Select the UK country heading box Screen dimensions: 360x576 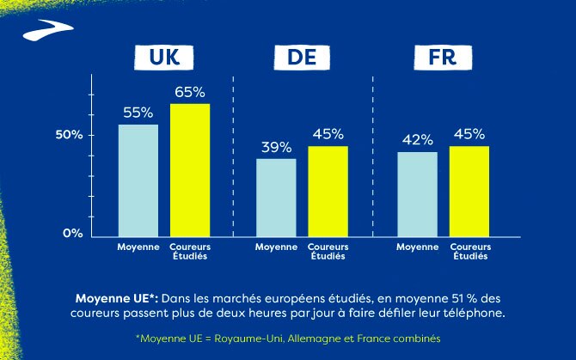pyautogui.click(x=163, y=58)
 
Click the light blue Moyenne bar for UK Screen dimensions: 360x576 pyautogui.click(x=138, y=179)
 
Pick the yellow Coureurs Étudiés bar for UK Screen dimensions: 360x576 pyautogui.click(x=190, y=168)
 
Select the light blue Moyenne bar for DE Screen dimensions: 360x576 pyautogui.click(x=276, y=195)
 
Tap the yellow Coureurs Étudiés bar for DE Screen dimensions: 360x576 pyautogui.click(x=328, y=189)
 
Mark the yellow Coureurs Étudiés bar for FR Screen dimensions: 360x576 pyautogui.click(x=469, y=189)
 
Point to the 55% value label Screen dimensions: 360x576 pyautogui.click(x=138, y=113)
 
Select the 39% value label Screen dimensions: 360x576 pyautogui.click(x=276, y=147)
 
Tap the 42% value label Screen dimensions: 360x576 pyautogui.click(x=417, y=140)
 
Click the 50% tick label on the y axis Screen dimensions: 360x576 pyautogui.click(x=70, y=135)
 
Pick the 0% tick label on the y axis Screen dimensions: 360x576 pyautogui.click(x=74, y=233)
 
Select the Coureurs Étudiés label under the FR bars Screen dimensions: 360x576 pyautogui.click(x=469, y=252)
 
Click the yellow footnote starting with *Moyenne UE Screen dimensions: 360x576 pyautogui.click(x=288, y=339)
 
